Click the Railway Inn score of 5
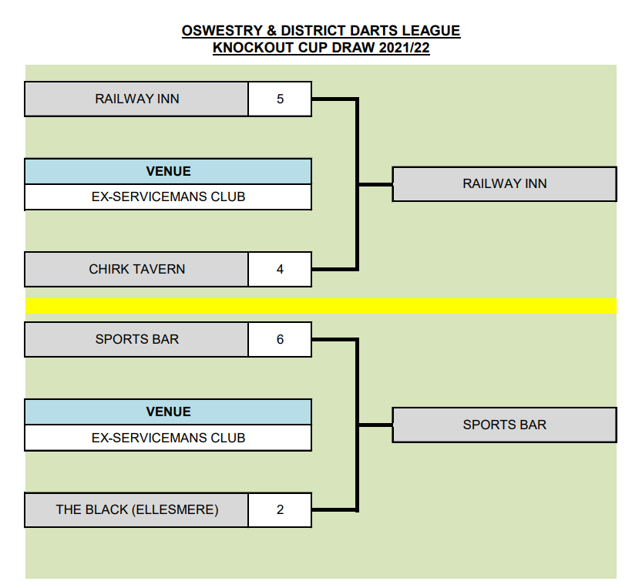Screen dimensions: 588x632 (x=280, y=99)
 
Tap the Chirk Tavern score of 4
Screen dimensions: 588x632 (x=280, y=269)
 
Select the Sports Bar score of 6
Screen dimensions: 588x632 (x=280, y=339)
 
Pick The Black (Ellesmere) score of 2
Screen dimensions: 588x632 (x=280, y=509)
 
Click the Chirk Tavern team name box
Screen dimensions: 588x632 (x=136, y=269)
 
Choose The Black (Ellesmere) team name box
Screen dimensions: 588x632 (x=136, y=509)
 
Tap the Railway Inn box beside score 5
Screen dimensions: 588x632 (x=136, y=99)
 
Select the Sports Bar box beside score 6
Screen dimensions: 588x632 (x=136, y=339)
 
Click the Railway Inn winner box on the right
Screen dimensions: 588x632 (x=504, y=183)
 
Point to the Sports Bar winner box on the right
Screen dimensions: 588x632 (x=504, y=425)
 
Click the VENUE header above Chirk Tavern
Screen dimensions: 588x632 (x=168, y=171)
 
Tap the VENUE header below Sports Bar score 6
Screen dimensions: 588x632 (x=168, y=412)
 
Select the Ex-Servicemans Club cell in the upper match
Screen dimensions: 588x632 (x=168, y=197)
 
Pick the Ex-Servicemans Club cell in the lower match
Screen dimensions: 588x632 (x=168, y=437)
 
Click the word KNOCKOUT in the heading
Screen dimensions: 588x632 (x=251, y=48)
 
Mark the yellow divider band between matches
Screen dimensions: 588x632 (x=321, y=306)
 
